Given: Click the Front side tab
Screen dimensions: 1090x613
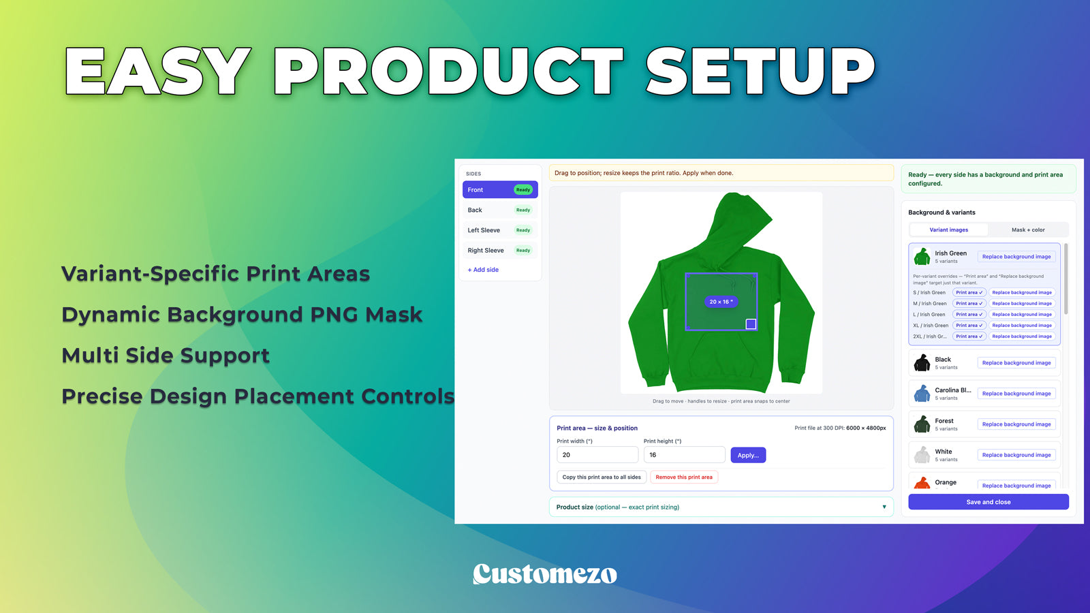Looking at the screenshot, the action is click(x=500, y=190).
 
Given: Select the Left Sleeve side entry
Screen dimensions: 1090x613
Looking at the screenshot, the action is click(x=500, y=230).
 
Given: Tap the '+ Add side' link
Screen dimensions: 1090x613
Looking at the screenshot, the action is click(x=483, y=270).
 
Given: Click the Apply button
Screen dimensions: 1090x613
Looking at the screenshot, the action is click(x=748, y=455).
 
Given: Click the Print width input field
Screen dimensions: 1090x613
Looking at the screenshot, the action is click(x=597, y=455).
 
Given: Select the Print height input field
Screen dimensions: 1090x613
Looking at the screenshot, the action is click(x=684, y=455).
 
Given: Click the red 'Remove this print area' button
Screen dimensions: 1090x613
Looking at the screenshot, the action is click(x=684, y=477).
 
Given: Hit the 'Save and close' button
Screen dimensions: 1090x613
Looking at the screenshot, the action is click(x=988, y=501).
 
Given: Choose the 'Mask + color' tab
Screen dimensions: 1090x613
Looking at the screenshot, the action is click(x=1028, y=230).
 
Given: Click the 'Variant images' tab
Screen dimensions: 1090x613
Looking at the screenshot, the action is click(x=948, y=230).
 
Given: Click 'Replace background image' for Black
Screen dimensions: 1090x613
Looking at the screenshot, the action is click(x=1016, y=362).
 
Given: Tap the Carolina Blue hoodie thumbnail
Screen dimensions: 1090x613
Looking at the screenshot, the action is click(x=922, y=394).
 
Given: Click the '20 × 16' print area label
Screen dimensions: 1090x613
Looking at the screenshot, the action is click(x=721, y=302).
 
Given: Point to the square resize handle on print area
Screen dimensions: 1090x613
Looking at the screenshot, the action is click(x=751, y=324).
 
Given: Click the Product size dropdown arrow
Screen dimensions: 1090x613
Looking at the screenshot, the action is click(x=884, y=507).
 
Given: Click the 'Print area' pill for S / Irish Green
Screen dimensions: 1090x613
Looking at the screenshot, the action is click(x=969, y=292).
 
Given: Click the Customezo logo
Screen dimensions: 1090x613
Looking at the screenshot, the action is click(x=544, y=574).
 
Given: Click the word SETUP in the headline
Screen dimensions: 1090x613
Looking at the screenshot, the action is click(x=760, y=71).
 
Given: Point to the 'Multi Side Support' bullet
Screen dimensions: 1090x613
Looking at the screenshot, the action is click(x=166, y=355).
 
